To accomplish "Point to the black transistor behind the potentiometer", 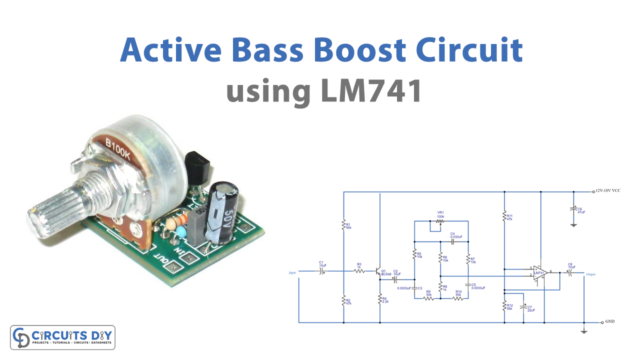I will (x=196, y=160).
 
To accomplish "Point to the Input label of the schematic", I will (x=291, y=271).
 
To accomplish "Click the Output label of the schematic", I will (x=591, y=272).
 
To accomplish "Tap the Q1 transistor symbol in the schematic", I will (x=381, y=271).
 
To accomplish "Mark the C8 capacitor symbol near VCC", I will (x=574, y=209).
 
